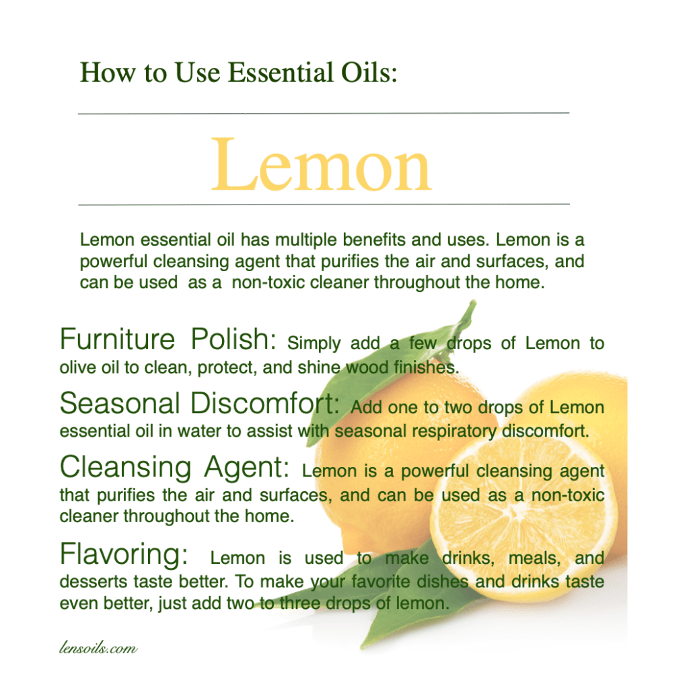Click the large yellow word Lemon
[321, 166]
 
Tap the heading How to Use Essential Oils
[239, 73]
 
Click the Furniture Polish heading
[168, 339]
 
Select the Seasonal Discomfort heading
[199, 403]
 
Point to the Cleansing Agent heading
[174, 467]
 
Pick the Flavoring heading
[124, 554]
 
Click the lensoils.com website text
[98, 648]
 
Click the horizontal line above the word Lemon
[324, 113]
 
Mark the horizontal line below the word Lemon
[324, 205]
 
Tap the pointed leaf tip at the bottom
[362, 647]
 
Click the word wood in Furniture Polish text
[367, 367]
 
